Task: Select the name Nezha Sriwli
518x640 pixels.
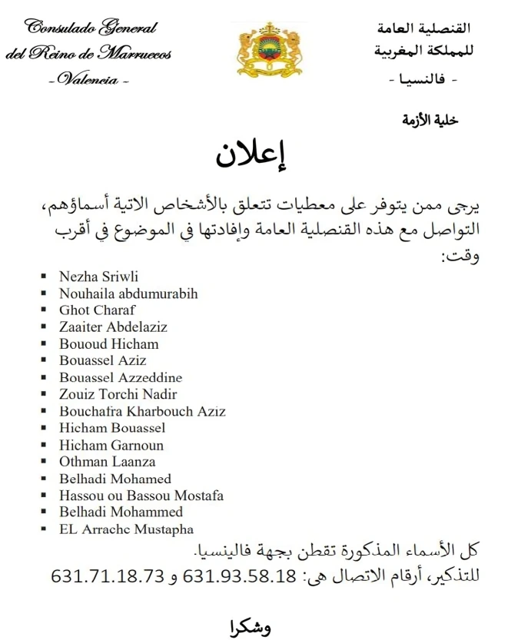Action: (x=98, y=277)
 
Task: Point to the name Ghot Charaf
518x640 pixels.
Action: (x=97, y=310)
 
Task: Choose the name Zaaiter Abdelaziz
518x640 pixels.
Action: (x=113, y=327)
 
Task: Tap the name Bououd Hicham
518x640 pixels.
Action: (x=108, y=344)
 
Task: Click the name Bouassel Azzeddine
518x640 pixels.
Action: (x=121, y=377)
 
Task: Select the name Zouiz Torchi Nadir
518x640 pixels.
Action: (x=118, y=394)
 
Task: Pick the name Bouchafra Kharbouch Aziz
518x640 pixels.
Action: (x=142, y=411)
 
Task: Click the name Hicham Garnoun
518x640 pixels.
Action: (x=111, y=445)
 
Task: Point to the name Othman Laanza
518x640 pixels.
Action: (x=107, y=462)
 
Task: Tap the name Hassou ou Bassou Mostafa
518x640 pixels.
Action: (x=141, y=496)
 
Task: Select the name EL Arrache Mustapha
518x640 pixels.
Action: (x=126, y=529)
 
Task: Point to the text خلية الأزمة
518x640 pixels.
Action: (x=430, y=119)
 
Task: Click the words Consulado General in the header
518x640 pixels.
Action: (x=91, y=28)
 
